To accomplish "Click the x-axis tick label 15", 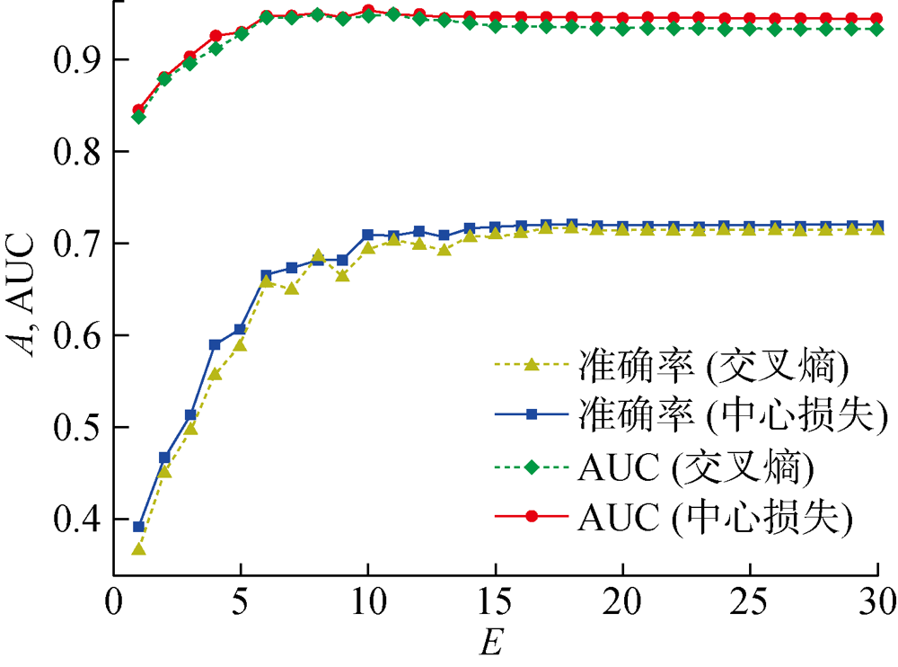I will coord(495,599).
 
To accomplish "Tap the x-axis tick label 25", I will coord(750,599).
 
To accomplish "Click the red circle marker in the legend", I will coord(531,516).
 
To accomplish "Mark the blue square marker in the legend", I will coord(531,414).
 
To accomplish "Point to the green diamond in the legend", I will coord(531,466).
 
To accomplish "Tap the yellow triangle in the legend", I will coord(531,364).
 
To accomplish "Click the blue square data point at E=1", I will coord(138,527).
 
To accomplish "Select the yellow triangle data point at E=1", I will coord(138,548).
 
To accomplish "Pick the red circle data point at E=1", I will coord(138,111).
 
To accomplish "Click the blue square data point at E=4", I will coord(215,344).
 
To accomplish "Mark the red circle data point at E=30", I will coord(878,18).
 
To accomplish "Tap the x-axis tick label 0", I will coord(113,599).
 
